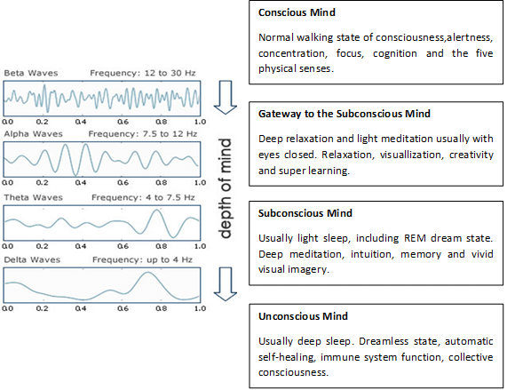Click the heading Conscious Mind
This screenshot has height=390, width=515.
(x=297, y=12)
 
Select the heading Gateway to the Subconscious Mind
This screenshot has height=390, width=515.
(x=345, y=114)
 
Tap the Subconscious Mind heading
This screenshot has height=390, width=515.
(x=305, y=213)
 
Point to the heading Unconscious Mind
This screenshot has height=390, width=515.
(x=303, y=316)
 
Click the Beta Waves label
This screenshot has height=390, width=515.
(x=31, y=73)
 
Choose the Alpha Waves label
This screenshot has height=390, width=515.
(x=33, y=134)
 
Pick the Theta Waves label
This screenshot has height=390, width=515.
(x=33, y=197)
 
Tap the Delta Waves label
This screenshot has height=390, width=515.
(x=32, y=260)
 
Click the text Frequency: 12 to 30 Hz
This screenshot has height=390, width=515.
(x=143, y=73)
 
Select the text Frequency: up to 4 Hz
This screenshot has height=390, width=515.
(x=142, y=260)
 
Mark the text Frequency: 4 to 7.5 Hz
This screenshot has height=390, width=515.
(x=143, y=197)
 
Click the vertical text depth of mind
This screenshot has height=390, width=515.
(x=226, y=188)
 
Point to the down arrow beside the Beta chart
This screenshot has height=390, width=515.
(x=226, y=98)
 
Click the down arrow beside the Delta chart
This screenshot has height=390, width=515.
(x=226, y=284)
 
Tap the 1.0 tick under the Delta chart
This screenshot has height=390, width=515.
(x=200, y=308)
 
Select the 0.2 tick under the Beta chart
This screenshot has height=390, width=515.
(x=43, y=122)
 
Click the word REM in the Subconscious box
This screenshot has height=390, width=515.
(x=415, y=238)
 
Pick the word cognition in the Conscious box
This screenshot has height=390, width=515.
(x=395, y=53)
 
